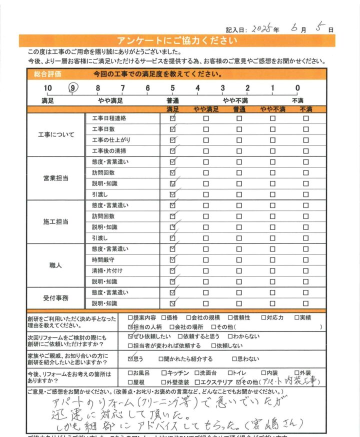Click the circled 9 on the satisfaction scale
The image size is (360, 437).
(x=73, y=88)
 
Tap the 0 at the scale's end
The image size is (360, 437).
(x=297, y=88)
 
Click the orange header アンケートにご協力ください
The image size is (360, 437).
(x=172, y=40)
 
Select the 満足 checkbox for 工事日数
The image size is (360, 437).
(x=172, y=129)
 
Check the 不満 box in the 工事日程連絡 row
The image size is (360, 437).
(x=305, y=119)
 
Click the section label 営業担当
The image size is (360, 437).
(x=56, y=178)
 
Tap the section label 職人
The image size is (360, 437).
(x=56, y=265)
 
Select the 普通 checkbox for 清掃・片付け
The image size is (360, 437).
(x=239, y=270)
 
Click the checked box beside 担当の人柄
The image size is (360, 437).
(x=131, y=326)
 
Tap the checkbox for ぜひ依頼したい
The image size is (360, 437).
(x=131, y=337)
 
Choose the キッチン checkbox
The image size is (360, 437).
(x=164, y=373)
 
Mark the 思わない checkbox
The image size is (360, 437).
(x=235, y=359)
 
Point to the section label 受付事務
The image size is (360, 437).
(x=56, y=298)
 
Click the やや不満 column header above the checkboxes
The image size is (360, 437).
(x=272, y=109)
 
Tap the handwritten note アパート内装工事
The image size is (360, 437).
(x=290, y=381)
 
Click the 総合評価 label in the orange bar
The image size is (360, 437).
(x=48, y=74)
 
